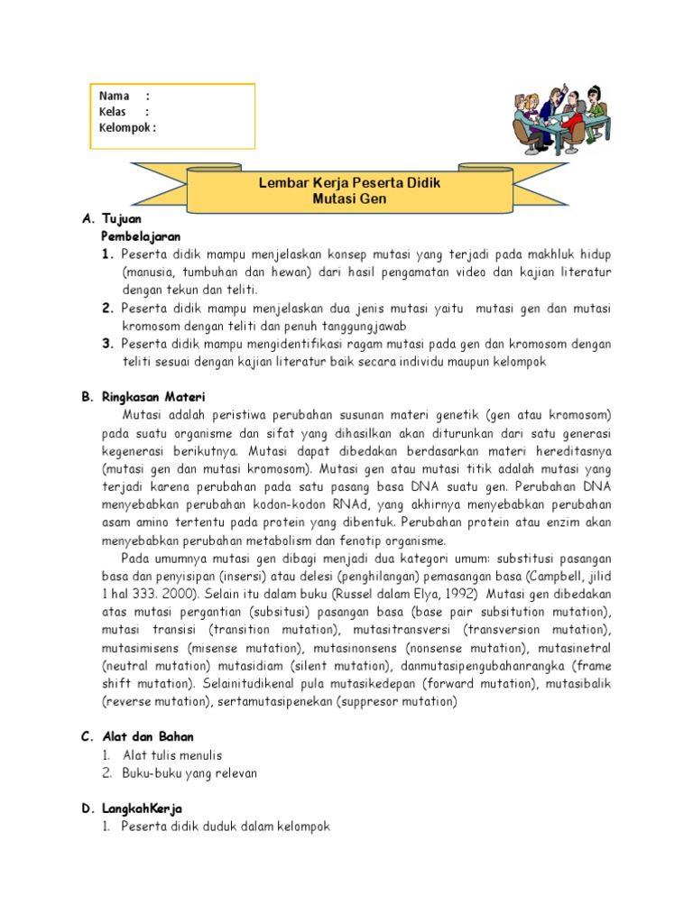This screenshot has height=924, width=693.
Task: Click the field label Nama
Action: pyautogui.click(x=114, y=96)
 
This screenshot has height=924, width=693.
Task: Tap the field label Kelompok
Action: pyautogui.click(x=125, y=127)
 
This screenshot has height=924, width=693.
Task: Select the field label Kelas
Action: pyautogui.click(x=113, y=112)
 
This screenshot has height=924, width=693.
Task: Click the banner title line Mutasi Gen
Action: pyautogui.click(x=349, y=199)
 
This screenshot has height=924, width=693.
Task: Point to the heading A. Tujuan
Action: pyautogui.click(x=111, y=219)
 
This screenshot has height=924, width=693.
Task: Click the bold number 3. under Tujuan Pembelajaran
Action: pyautogui.click(x=107, y=344)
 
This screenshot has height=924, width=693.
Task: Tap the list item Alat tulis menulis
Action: pyautogui.click(x=171, y=754)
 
